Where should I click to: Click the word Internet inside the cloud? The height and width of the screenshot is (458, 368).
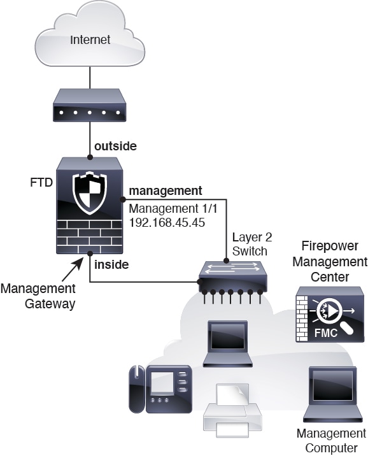click(x=90, y=39)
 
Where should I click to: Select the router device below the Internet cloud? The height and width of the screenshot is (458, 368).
click(x=90, y=105)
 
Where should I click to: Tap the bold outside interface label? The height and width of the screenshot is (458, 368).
click(x=116, y=146)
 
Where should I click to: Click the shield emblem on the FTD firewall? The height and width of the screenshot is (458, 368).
click(x=90, y=194)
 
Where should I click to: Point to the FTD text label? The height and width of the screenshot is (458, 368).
click(x=41, y=182)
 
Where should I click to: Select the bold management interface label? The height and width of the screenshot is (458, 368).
click(x=166, y=190)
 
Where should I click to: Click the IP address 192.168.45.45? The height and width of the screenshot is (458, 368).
click(x=167, y=222)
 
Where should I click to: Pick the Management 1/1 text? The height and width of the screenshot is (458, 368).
click(x=173, y=208)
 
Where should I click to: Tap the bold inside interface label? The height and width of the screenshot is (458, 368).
click(x=111, y=264)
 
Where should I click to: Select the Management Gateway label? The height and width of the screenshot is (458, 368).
click(x=38, y=296)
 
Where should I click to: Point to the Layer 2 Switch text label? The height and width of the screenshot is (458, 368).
click(x=252, y=244)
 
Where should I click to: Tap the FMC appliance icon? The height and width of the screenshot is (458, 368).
click(x=330, y=314)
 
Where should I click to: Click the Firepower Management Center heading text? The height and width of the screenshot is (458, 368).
click(x=330, y=261)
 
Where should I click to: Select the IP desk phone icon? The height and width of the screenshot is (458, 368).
click(x=160, y=389)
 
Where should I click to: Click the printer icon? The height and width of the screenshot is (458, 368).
click(x=232, y=410)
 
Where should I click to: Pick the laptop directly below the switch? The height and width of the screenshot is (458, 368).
click(x=228, y=344)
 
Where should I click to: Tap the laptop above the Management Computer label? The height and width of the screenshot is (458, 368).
click(x=333, y=394)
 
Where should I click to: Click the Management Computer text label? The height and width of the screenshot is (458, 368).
click(x=332, y=441)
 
